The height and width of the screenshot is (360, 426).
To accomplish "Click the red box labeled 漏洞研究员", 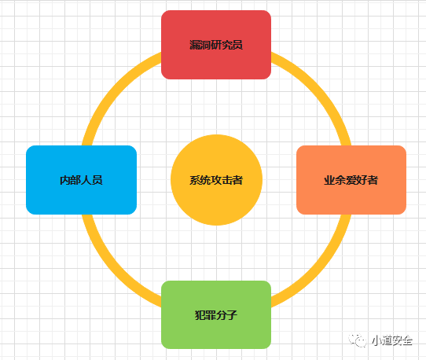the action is [x=216, y=45].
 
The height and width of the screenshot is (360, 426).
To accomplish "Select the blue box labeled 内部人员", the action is [x=81, y=180].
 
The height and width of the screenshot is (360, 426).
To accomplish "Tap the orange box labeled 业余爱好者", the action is [x=351, y=180].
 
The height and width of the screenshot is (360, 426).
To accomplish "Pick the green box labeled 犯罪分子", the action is [x=216, y=314].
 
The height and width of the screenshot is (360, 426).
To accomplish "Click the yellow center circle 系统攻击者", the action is [x=216, y=180].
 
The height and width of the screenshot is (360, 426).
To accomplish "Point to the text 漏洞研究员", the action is [x=216, y=45].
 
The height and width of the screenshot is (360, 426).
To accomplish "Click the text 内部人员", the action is [x=81, y=180].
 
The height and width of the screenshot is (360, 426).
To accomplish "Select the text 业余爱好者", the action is [x=351, y=180].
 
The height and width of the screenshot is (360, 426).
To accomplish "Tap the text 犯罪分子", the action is [x=216, y=315].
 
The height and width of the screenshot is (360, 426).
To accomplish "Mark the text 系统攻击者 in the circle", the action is [x=216, y=180].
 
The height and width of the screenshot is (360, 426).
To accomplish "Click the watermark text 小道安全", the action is [x=392, y=340].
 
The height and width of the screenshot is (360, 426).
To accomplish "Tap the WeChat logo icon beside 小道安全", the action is [x=358, y=340].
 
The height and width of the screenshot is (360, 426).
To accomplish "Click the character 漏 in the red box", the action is [x=195, y=45].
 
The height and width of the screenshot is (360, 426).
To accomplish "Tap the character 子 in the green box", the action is [x=232, y=315].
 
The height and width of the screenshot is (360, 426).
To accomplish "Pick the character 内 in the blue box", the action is [x=65, y=180].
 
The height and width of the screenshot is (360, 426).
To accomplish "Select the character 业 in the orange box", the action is [x=329, y=180].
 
